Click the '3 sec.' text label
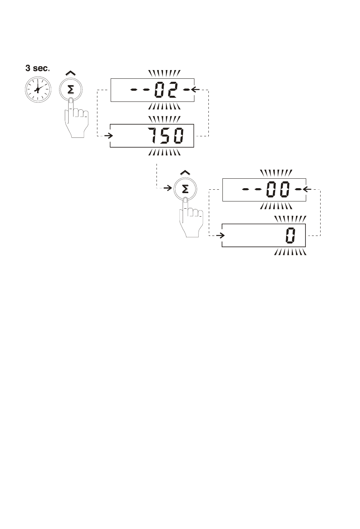(x=38, y=68)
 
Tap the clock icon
(x=38, y=89)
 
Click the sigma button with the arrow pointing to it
(x=185, y=189)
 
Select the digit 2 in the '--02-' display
(x=171, y=90)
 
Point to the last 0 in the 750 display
(x=178, y=135)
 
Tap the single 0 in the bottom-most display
(x=290, y=235)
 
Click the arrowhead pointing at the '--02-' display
(x=195, y=89)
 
